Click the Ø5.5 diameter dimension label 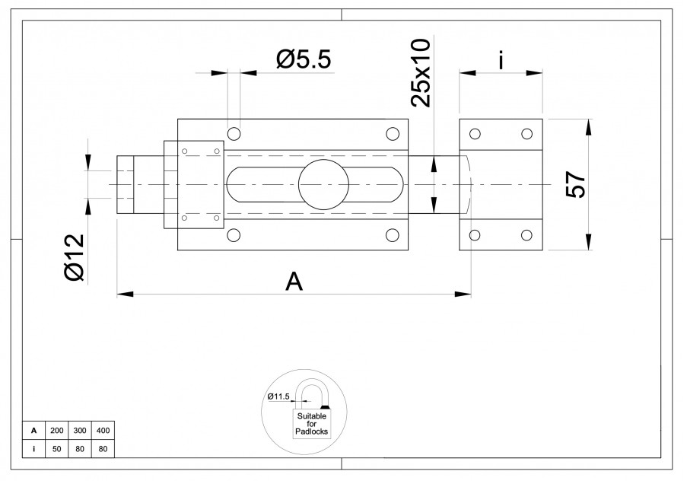coord(304,59)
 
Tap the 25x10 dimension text coord(421,73)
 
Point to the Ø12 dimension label coord(74,257)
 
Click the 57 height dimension coord(575,185)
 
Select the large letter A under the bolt coord(294,281)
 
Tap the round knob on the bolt coord(323,185)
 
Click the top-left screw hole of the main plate coord(234,134)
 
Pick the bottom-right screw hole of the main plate coord(392,235)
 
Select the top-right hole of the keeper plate coord(526,134)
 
